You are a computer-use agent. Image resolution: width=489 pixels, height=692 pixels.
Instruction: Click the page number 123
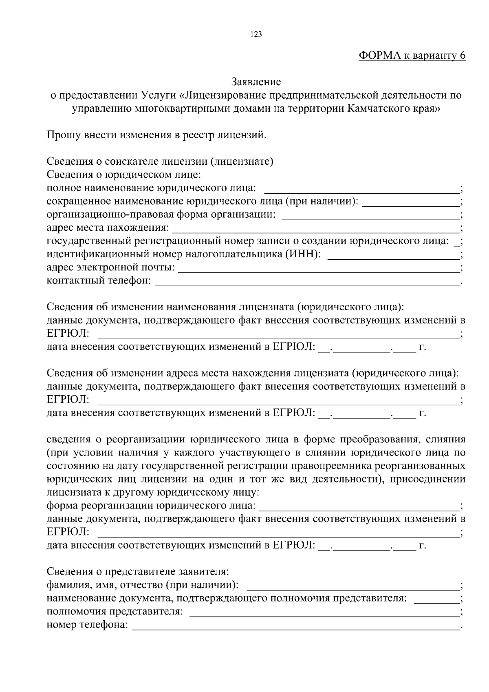click(256, 35)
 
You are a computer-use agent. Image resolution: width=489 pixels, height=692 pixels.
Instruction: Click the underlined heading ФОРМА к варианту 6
click(412, 56)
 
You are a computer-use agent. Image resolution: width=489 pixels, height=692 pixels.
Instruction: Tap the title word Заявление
click(256, 82)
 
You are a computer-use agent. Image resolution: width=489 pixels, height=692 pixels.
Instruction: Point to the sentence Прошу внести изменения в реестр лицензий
click(156, 135)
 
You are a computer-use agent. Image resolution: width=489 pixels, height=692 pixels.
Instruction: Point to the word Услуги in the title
click(158, 95)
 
